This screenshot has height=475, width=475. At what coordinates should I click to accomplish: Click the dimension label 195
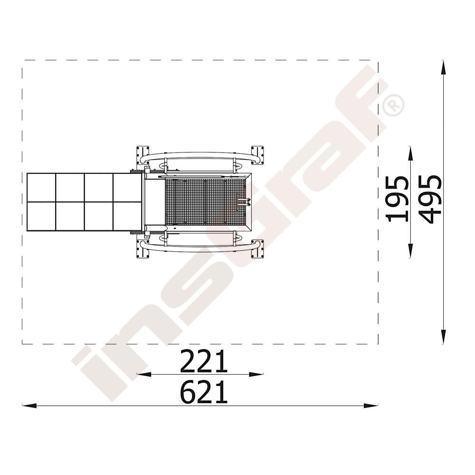pyautogui.click(x=397, y=199)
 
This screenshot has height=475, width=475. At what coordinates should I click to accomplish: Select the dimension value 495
pyautogui.click(x=430, y=199)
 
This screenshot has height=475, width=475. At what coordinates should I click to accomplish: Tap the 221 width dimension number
pyautogui.click(x=204, y=361)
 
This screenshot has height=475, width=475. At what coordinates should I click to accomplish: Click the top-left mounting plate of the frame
pyautogui.click(x=142, y=155)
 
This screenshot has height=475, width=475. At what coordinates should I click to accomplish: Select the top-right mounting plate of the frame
pyautogui.click(x=257, y=155)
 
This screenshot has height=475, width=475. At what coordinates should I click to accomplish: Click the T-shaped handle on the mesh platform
pyautogui.click(x=243, y=201)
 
